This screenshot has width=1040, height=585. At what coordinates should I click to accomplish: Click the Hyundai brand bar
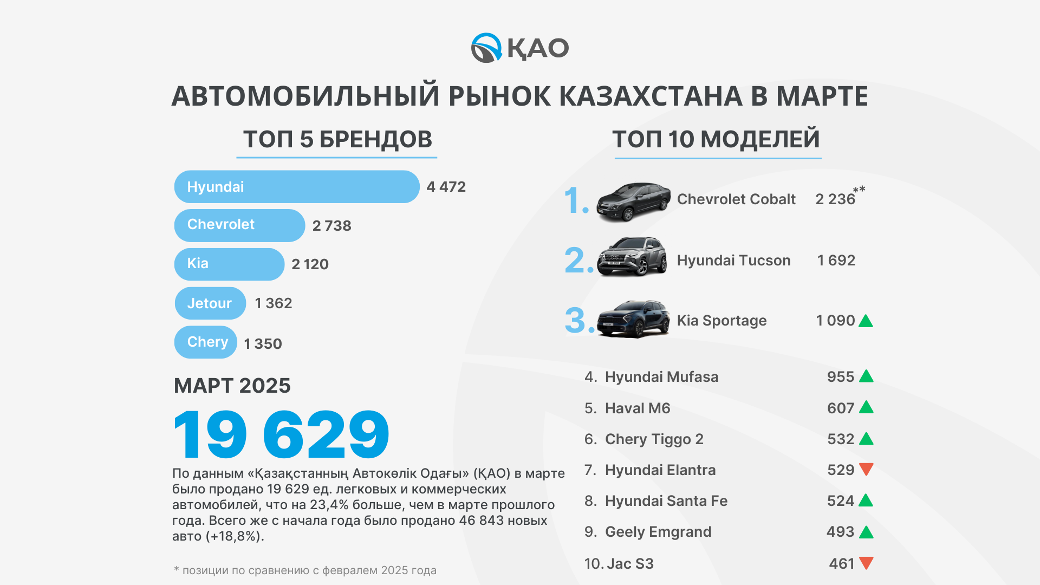pyautogui.click(x=297, y=187)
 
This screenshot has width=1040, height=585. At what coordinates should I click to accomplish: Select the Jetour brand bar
pyautogui.click(x=210, y=303)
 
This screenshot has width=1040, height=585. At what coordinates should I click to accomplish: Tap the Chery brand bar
pyautogui.click(x=206, y=342)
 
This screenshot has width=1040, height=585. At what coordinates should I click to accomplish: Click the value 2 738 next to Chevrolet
pyautogui.click(x=331, y=226)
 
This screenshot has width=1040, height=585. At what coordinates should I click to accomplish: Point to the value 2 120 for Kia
pyautogui.click(x=310, y=264)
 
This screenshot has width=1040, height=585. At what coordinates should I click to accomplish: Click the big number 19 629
pyautogui.click(x=281, y=434)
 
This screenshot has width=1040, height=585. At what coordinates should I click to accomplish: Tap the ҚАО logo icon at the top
pyautogui.click(x=486, y=48)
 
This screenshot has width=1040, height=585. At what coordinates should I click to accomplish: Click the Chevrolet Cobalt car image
pyautogui.click(x=633, y=201)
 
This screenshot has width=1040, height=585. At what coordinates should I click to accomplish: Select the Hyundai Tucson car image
pyautogui.click(x=632, y=257)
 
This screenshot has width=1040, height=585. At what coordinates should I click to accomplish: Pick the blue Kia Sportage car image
pyautogui.click(x=633, y=319)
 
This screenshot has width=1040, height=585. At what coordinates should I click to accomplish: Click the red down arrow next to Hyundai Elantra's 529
pyautogui.click(x=866, y=470)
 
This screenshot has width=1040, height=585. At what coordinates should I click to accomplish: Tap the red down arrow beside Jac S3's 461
pyautogui.click(x=866, y=563)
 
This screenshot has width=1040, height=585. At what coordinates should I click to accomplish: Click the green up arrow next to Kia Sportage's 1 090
pyautogui.click(x=866, y=321)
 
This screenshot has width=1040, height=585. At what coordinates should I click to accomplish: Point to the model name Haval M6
pyautogui.click(x=638, y=408)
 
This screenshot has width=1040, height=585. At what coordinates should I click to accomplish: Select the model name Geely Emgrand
pyautogui.click(x=658, y=532)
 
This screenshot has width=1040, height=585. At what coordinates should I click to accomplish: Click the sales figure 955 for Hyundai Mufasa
pyautogui.click(x=841, y=377)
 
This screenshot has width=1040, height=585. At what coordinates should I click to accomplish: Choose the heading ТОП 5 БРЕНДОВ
pyautogui.click(x=337, y=139)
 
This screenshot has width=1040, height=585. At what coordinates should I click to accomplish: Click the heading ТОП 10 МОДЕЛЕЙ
pyautogui.click(x=716, y=139)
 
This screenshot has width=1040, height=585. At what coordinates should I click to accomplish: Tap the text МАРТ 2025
pyautogui.click(x=232, y=386)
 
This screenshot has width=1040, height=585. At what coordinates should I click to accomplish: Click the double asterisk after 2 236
pyautogui.click(x=859, y=190)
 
